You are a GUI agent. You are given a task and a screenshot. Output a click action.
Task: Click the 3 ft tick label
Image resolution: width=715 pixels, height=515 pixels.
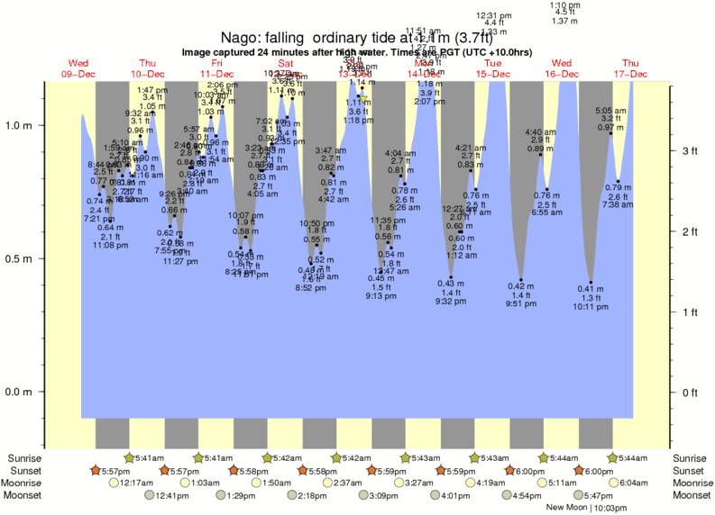(690, 151)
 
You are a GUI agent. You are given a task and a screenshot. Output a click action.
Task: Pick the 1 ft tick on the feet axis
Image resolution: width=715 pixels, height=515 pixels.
(690, 312)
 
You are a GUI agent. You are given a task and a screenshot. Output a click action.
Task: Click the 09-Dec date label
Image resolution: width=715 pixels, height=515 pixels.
(79, 74)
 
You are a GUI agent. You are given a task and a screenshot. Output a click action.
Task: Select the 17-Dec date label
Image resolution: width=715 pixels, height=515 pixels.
(631, 74)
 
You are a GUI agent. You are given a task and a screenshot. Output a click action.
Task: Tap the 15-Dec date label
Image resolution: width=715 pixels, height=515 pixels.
(493, 74)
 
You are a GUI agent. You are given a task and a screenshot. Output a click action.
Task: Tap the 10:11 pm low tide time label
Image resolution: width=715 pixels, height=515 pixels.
(591, 307)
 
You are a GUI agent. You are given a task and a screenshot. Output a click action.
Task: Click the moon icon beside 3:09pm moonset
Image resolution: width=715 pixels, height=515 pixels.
(363, 495)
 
